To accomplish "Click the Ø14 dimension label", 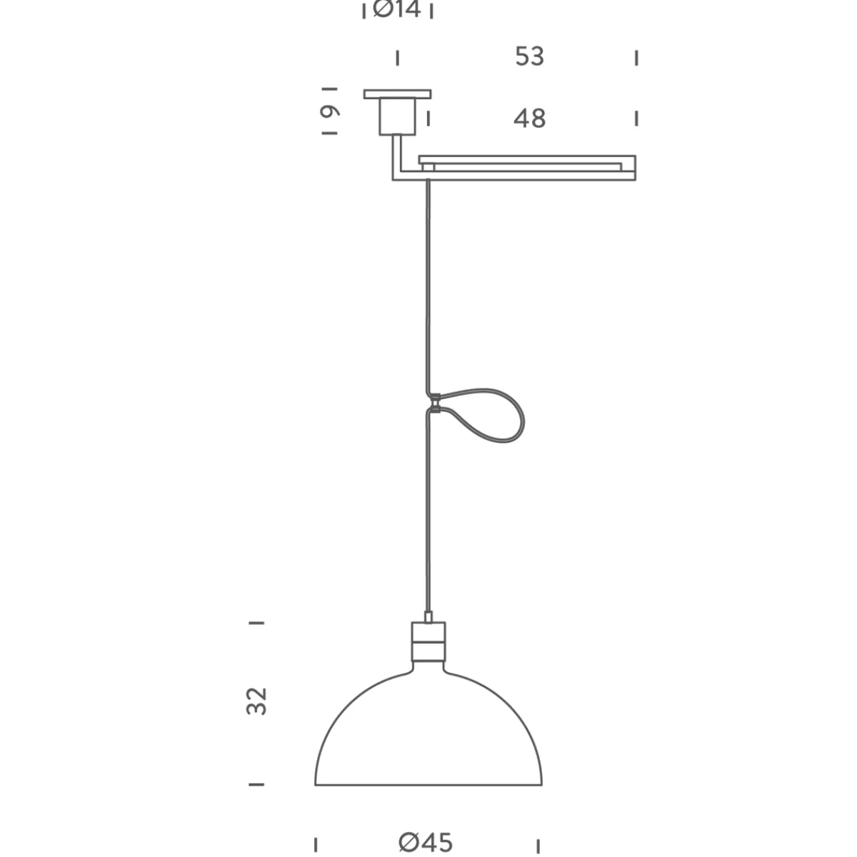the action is (396, 10).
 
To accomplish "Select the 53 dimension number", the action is (529, 56).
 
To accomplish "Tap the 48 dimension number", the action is (529, 119).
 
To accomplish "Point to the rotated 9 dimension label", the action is (330, 111).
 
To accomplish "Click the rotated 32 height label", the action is (256, 701).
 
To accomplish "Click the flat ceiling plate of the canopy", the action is (397, 94).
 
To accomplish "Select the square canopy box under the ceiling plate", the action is (397, 116).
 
